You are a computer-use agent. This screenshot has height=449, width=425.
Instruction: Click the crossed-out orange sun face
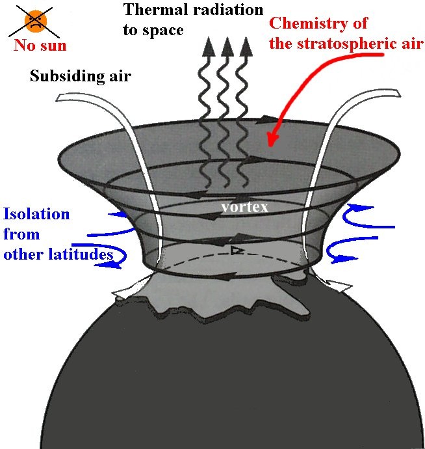pos(36,21)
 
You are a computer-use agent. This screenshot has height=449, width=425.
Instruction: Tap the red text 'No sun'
pos(40,46)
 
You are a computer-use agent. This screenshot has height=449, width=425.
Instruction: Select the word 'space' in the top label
pos(163,31)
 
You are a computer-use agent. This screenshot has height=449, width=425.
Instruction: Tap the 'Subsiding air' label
pos(81,76)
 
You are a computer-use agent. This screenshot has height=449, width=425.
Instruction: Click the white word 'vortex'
pos(245,207)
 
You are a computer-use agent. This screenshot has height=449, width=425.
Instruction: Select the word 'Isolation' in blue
pos(36,214)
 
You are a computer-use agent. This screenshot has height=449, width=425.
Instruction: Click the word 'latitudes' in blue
pos(81,254)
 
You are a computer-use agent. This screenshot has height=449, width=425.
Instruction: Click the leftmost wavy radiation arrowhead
pos(209,47)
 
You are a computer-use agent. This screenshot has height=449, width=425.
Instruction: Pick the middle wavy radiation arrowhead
pos(227,47)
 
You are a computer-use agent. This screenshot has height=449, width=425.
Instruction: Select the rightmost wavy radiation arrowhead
pos(246,47)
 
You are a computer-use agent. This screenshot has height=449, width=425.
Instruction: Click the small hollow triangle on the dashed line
pos(237,251)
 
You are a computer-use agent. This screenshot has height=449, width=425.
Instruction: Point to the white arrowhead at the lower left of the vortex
pos(122,292)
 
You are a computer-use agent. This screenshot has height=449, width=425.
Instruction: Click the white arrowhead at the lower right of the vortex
pos(340,286)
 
